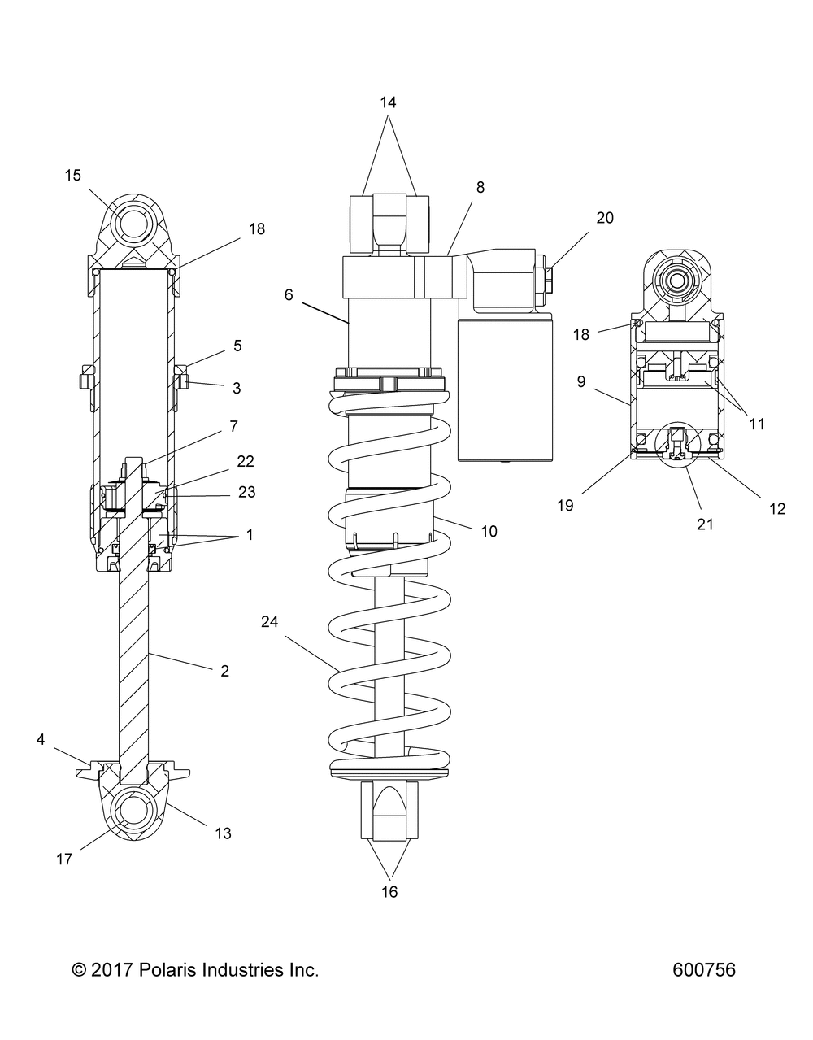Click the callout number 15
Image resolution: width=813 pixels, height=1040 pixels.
click(x=73, y=175)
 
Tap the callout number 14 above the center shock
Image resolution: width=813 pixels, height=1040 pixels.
click(x=388, y=102)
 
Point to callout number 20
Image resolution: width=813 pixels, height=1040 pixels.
click(x=604, y=217)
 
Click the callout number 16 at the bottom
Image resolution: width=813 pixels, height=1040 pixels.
click(x=389, y=892)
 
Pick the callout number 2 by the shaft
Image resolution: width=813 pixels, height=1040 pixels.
click(x=224, y=671)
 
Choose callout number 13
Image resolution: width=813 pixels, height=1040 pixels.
click(x=223, y=833)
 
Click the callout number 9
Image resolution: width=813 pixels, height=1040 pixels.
click(x=580, y=381)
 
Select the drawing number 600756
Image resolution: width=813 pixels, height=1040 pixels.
click(x=704, y=970)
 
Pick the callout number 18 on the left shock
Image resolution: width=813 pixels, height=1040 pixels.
click(x=257, y=228)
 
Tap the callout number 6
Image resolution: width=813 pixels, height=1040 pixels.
click(x=289, y=295)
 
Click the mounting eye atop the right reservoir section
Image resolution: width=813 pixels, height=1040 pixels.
click(x=677, y=282)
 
